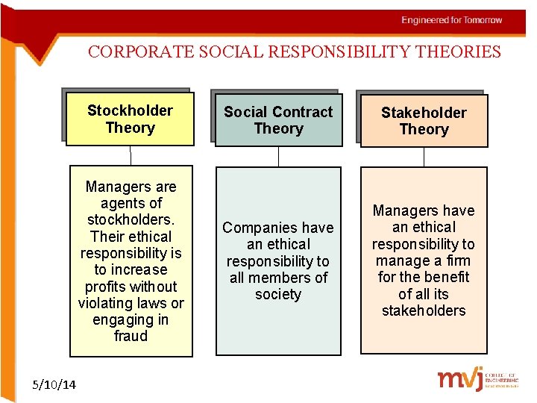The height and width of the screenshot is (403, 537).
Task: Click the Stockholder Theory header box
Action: coord(130,119)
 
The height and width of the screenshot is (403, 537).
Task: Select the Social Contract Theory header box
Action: coord(278,120)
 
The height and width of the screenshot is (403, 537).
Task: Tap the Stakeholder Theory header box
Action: coord(424,121)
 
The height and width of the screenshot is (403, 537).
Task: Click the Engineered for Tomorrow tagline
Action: coord(451,20)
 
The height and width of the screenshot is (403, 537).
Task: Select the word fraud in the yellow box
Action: coord(131,336)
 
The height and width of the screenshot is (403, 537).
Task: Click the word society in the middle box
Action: coord(277,294)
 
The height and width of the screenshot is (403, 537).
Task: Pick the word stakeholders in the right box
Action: coord(424,310)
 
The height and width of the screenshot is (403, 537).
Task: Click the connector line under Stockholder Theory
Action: coord(131,155)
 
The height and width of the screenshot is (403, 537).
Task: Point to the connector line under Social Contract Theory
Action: coord(278,156)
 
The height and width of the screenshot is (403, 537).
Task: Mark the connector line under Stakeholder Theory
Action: coord(424,157)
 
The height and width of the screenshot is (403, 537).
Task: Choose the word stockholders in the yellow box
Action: coord(130,219)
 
